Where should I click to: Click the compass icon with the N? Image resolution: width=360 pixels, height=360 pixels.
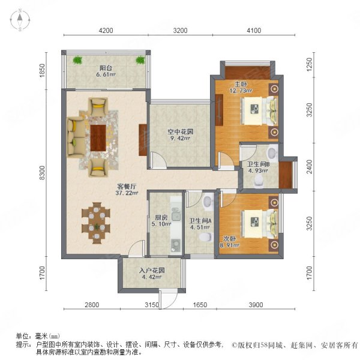(x=19, y=20)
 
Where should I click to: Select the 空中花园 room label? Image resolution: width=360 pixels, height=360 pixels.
(x=179, y=131)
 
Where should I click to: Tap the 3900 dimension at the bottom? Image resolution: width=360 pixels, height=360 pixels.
(x=256, y=305)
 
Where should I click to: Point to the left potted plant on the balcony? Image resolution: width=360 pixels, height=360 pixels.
(x=77, y=59)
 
